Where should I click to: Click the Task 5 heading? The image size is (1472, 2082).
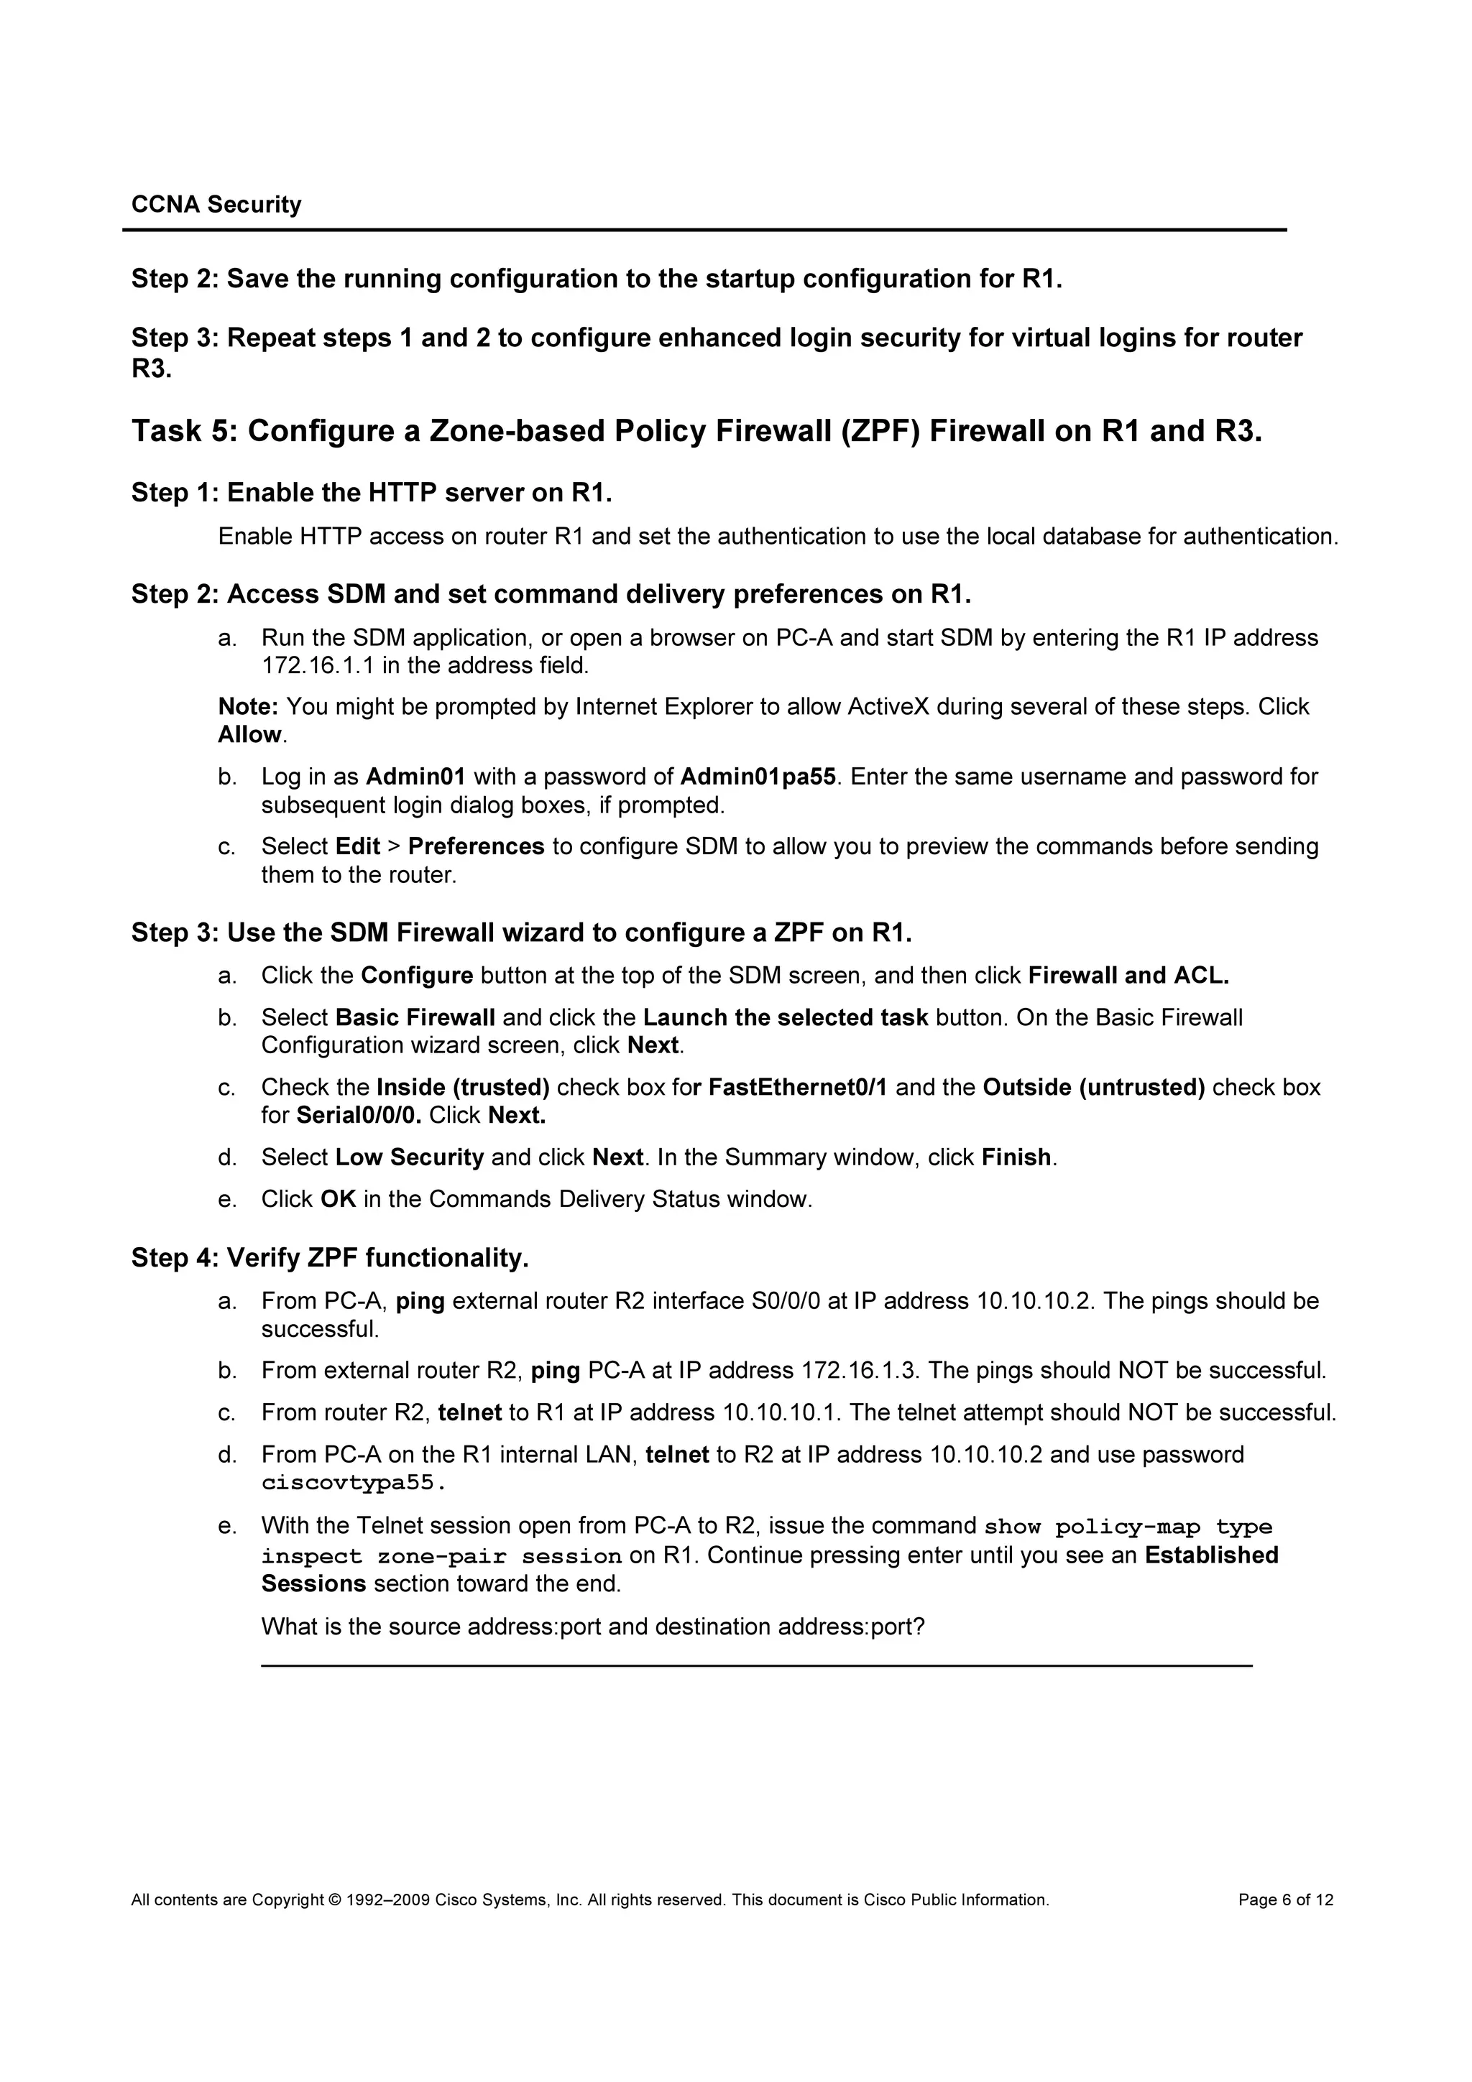pos(696,431)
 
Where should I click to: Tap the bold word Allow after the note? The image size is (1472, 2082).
pos(249,734)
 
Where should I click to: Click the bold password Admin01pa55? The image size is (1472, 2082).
pos(758,777)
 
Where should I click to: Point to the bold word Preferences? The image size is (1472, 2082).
pos(475,847)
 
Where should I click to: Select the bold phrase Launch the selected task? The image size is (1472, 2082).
pos(785,1017)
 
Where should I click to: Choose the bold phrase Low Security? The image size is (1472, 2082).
pos(409,1158)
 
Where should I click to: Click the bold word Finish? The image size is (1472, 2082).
pos(1016,1158)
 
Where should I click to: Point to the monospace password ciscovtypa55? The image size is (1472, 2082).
pos(353,1484)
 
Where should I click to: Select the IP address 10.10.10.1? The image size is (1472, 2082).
pos(781,1412)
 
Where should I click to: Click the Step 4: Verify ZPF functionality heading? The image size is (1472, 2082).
pos(330,1259)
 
